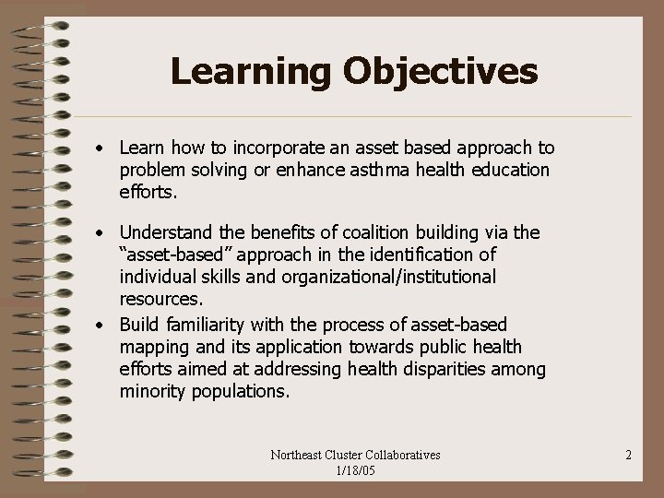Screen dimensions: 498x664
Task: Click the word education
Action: point(506,170)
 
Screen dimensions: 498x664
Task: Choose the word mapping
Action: point(153,347)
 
